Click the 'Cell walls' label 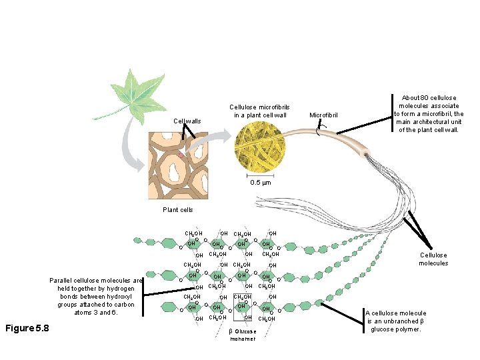coord(187,121)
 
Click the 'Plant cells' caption coord(178,209)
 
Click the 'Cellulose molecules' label coord(433,259)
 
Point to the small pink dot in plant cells coord(180,155)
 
